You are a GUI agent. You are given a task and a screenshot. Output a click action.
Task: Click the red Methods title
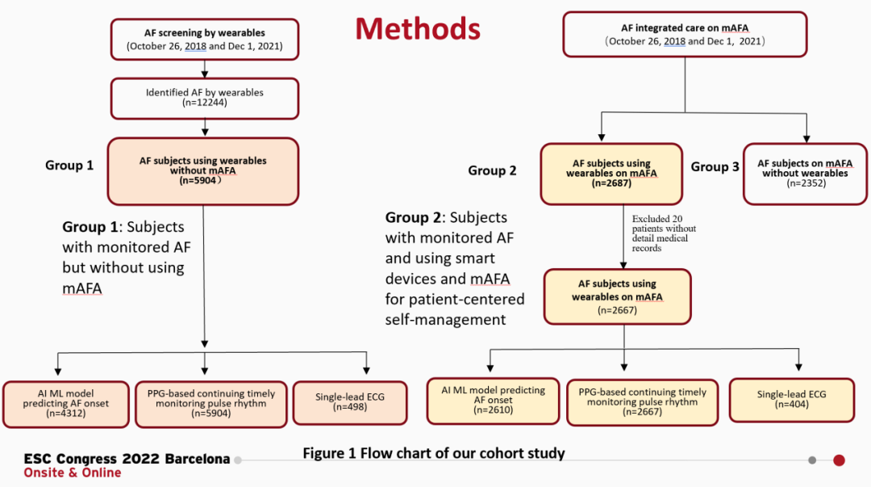(418, 28)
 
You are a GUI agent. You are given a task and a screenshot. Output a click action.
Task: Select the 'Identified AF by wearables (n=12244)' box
(204, 99)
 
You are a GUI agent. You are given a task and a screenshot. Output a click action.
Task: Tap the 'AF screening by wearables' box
(204, 39)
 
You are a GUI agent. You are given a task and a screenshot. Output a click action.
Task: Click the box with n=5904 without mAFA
(202, 171)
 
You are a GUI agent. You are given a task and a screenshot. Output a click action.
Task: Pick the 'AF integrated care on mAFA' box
(685, 35)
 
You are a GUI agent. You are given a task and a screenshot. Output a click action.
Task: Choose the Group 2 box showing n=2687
(611, 174)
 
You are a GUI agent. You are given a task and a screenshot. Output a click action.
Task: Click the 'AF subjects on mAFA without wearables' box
(805, 174)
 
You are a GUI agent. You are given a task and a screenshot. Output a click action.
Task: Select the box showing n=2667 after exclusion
(617, 296)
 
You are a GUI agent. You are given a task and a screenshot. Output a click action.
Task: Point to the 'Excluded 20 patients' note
(664, 233)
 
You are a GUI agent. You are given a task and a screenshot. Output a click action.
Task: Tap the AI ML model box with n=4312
(65, 404)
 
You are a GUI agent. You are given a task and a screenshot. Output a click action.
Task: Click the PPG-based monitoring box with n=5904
(211, 404)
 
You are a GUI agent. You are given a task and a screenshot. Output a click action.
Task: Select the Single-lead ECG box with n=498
(350, 402)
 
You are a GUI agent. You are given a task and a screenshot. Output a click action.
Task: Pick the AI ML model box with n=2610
(493, 401)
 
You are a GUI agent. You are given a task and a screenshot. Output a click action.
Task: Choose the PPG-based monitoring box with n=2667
(642, 402)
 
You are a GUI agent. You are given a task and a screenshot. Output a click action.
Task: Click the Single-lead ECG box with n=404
(792, 400)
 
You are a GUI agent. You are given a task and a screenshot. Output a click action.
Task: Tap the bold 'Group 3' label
(715, 167)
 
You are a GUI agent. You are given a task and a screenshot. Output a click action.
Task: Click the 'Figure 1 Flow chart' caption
(434, 453)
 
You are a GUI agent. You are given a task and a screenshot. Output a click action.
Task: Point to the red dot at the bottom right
(840, 460)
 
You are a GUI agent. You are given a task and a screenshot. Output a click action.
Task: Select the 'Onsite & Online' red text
(73, 472)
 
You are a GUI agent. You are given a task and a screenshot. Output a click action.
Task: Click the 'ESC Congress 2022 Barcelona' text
(127, 459)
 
